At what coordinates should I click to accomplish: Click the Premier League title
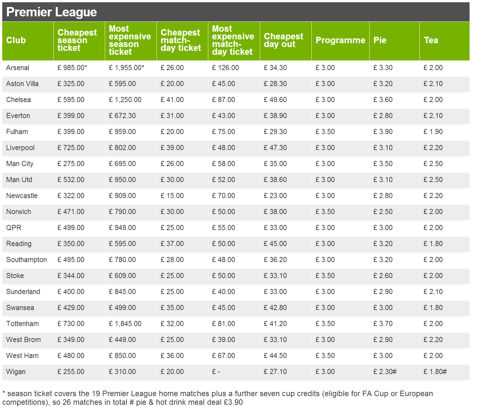tap(51, 12)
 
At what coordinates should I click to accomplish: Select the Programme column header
tap(340, 40)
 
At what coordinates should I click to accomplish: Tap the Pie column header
tap(380, 40)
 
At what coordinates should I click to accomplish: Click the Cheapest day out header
tap(283, 40)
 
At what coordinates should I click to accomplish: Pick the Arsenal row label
tap(18, 68)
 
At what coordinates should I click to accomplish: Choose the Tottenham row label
tap(22, 324)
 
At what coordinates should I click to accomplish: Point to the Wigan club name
tap(16, 372)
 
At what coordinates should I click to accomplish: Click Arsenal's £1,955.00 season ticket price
tap(126, 68)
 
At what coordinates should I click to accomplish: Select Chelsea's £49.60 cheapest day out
tap(275, 100)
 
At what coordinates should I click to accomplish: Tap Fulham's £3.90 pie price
tap(383, 132)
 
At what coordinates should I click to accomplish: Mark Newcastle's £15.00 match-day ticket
tap(172, 196)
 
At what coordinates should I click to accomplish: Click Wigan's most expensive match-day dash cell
tap(216, 372)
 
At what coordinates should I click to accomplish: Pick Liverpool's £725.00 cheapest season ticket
tap(71, 148)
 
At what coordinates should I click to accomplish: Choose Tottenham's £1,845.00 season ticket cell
tap(125, 324)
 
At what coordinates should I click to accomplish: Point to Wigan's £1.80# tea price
tap(435, 372)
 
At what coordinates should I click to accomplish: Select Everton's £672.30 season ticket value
tap(122, 116)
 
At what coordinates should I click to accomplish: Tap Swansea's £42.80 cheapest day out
tap(275, 308)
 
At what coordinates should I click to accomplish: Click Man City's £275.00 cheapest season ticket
tap(71, 164)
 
